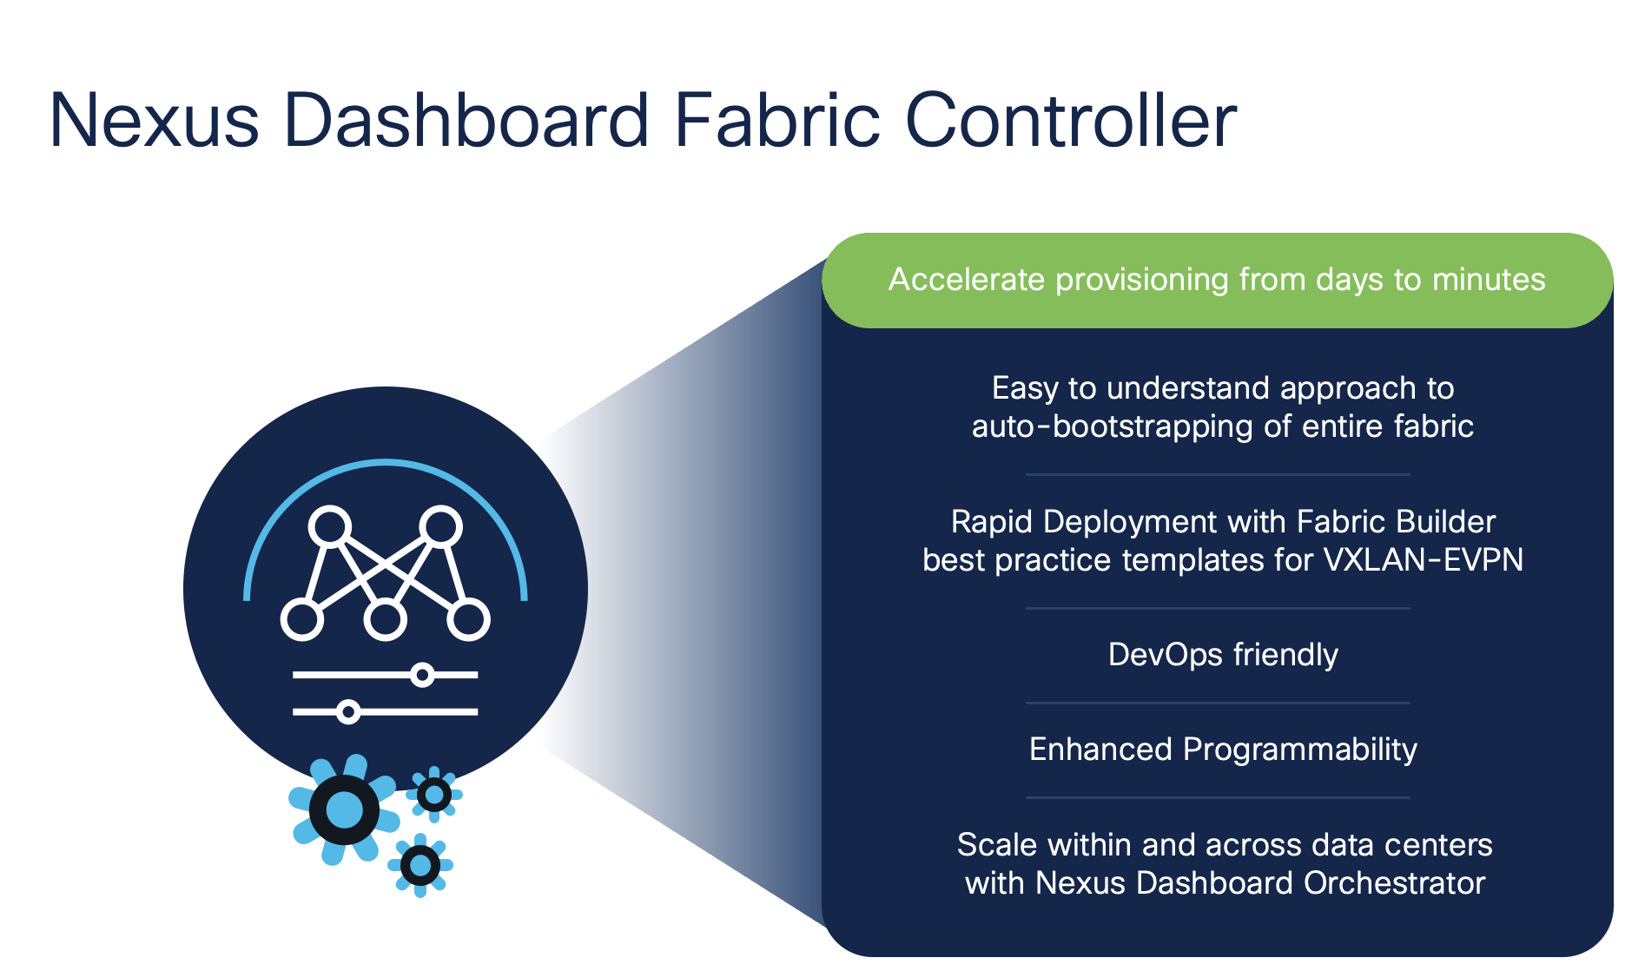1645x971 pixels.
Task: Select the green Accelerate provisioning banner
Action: coord(1217,281)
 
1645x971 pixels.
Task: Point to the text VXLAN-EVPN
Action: coord(1423,560)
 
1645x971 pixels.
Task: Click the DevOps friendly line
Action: coord(1223,655)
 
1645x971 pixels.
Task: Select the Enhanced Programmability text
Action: coord(1223,750)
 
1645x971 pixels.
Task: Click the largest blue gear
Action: coord(344,809)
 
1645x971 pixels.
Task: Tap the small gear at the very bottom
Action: coord(420,865)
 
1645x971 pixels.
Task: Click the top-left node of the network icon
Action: coord(330,526)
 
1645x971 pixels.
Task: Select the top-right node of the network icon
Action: coord(441,526)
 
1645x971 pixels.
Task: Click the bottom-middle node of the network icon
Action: coord(386,619)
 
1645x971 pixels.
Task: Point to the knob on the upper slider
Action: coord(422,675)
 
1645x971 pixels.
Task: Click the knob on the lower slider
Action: coord(348,712)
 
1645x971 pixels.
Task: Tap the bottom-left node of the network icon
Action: coord(302,619)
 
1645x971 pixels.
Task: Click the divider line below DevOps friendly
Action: coord(1218,703)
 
